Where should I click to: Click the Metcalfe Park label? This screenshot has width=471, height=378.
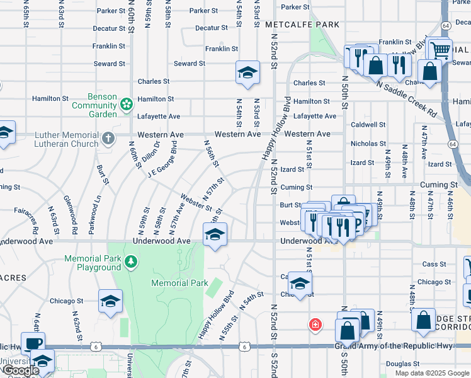(302, 24)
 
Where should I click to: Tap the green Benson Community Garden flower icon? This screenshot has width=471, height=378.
(127, 103)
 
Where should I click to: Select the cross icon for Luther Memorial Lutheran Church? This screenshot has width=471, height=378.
(108, 139)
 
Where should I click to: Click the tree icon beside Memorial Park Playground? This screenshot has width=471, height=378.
(130, 261)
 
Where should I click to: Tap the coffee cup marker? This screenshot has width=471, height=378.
(33, 343)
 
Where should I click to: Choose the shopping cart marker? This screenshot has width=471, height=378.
(440, 49)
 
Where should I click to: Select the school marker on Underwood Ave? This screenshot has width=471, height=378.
(215, 234)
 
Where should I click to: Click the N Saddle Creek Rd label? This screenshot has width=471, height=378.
(406, 98)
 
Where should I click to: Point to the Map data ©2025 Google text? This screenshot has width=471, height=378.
(432, 373)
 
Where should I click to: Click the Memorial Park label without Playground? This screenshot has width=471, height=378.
(179, 283)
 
